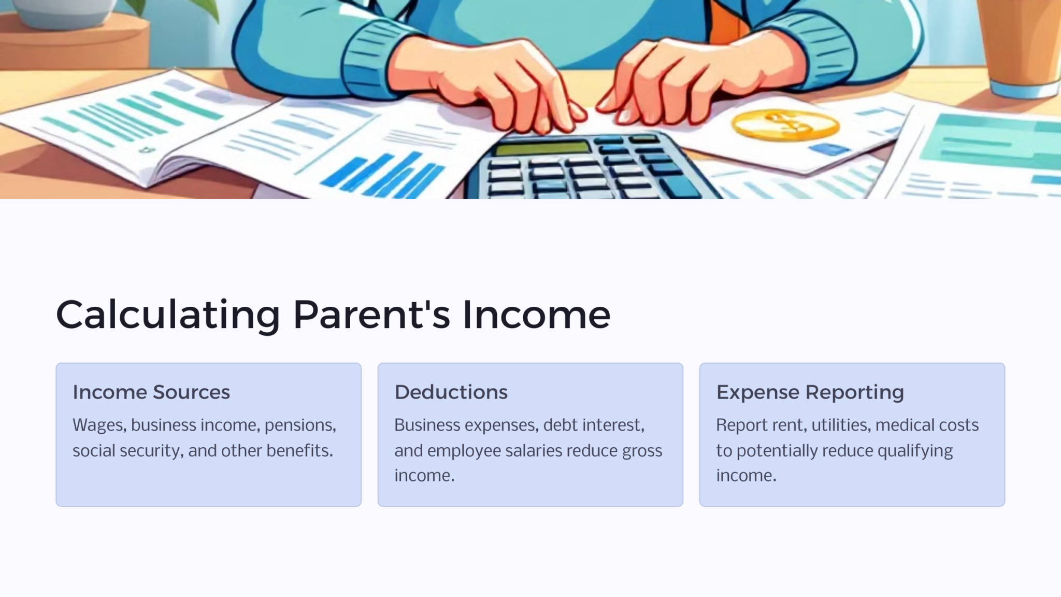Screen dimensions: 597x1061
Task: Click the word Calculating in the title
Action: point(168,315)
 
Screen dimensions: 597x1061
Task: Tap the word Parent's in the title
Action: point(371,315)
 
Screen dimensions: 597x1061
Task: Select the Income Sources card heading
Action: point(151,392)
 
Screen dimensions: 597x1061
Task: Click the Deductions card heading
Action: point(451,392)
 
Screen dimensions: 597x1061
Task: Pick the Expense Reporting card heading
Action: point(810,392)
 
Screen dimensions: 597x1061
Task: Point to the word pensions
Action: point(300,425)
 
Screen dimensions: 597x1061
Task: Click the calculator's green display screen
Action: point(542,148)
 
